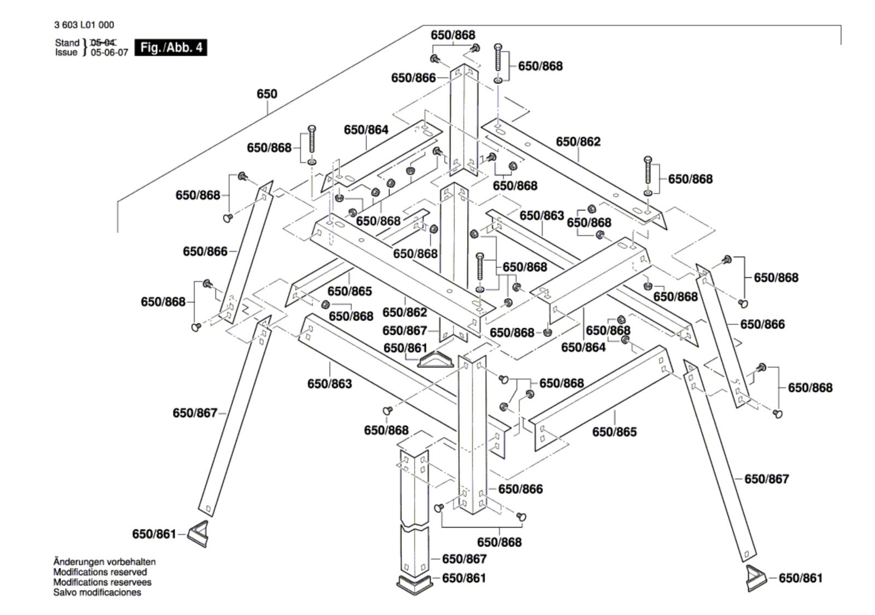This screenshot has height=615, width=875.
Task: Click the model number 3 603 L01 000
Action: pyautogui.click(x=84, y=25)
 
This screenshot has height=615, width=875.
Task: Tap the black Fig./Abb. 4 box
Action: pyautogui.click(x=171, y=48)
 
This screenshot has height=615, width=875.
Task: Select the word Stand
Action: pyautogui.click(x=67, y=43)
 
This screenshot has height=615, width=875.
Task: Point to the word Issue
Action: pyautogui.click(x=66, y=53)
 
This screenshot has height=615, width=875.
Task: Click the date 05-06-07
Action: pyautogui.click(x=109, y=53)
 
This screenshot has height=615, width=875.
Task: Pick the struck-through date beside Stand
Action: pyautogui.click(x=103, y=43)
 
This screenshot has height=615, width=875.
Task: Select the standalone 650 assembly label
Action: pyautogui.click(x=267, y=94)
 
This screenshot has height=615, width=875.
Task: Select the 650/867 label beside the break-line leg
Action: pyautogui.click(x=464, y=559)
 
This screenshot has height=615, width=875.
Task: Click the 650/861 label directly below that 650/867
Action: pyautogui.click(x=464, y=578)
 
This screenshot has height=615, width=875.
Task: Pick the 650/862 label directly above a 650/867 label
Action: pyautogui.click(x=405, y=312)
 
